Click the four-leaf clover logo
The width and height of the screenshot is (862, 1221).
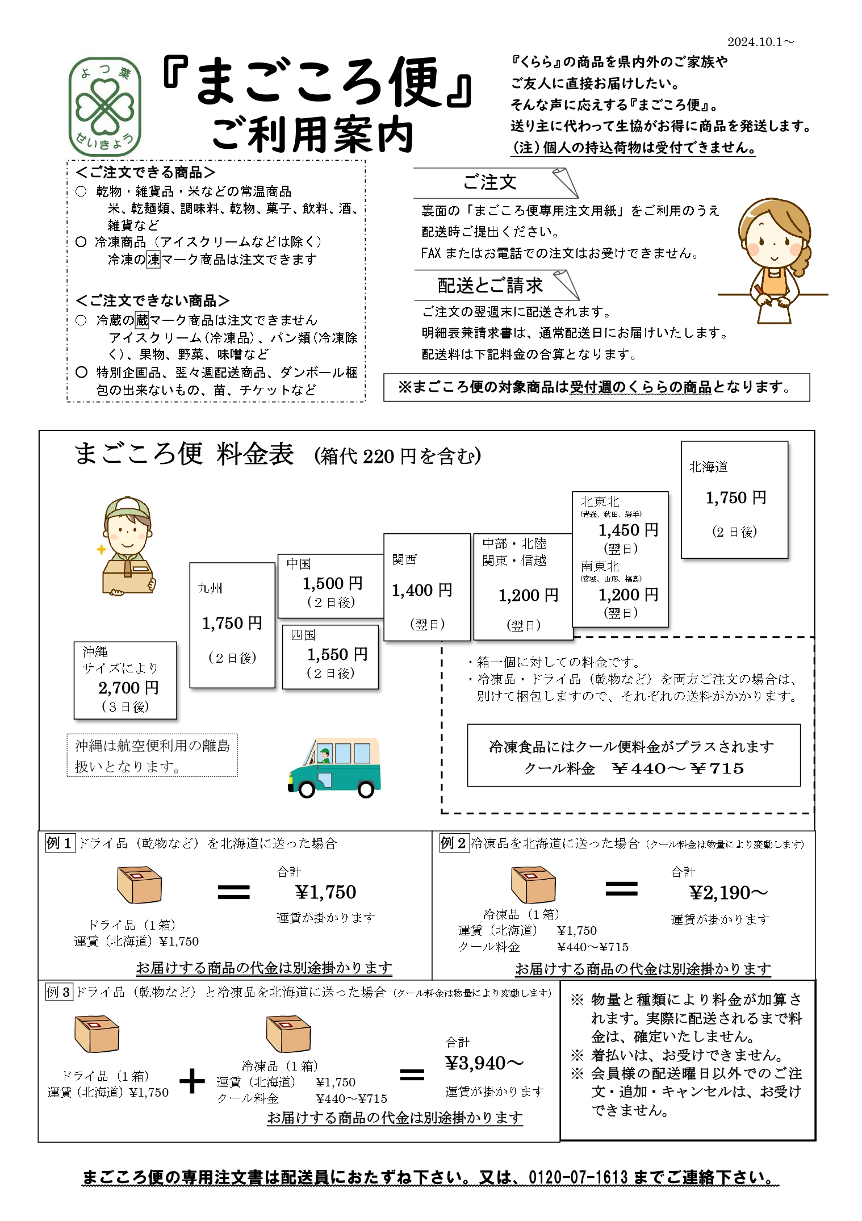click(x=104, y=107)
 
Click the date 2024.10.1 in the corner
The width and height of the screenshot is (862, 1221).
click(x=760, y=42)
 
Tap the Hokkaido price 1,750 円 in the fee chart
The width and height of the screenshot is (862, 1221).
click(x=736, y=498)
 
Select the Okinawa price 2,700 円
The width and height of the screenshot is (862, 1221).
click(x=128, y=688)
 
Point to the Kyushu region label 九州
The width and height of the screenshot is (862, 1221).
click(x=210, y=588)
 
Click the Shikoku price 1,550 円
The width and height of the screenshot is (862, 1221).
click(x=337, y=654)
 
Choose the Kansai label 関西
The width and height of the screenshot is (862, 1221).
click(x=404, y=559)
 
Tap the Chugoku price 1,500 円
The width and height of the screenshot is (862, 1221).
click(x=332, y=583)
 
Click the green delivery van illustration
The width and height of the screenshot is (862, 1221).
click(x=335, y=767)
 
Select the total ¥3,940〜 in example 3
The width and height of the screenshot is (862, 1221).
click(x=484, y=1063)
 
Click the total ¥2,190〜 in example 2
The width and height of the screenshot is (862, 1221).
click(x=728, y=893)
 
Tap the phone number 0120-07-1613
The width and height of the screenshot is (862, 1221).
click(x=578, y=1177)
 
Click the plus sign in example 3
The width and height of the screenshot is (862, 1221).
click(x=192, y=1081)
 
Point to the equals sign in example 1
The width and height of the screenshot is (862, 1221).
click(x=233, y=892)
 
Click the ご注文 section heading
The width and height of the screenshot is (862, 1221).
click(x=489, y=182)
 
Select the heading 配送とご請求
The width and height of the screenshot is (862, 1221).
click(x=490, y=285)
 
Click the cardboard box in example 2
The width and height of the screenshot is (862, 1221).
click(x=533, y=884)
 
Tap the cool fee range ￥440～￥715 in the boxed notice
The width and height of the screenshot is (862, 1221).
click(x=678, y=768)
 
